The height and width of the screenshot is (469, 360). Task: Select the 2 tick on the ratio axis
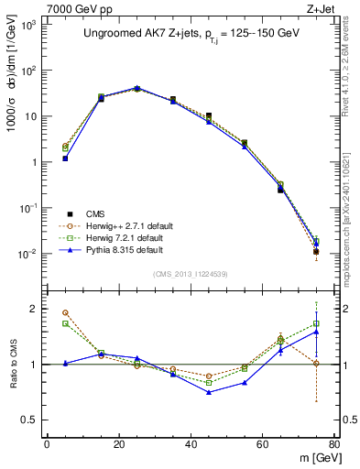pyautogui.click(x=34, y=310)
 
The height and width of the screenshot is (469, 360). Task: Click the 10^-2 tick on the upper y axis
pyautogui.click(x=27, y=255)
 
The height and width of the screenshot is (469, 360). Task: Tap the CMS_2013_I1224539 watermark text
pyautogui.click(x=190, y=273)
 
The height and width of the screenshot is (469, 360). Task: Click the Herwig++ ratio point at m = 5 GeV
pyautogui.click(x=65, y=312)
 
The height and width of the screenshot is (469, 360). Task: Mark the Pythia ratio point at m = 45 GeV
pyautogui.click(x=209, y=392)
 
